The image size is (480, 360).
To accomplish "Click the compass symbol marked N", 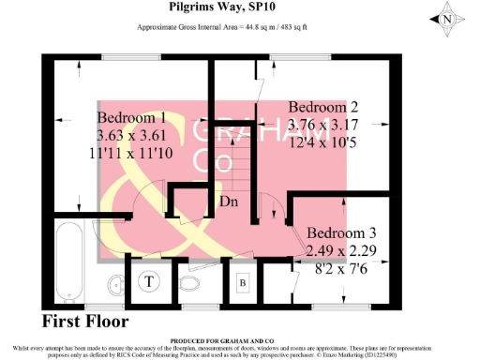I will click(448, 17).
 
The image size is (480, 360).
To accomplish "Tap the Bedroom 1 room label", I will click(132, 118).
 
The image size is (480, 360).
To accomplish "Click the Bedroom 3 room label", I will click(342, 232).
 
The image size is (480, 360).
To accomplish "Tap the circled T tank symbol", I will click(149, 278).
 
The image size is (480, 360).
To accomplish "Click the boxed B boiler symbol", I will click(242, 281).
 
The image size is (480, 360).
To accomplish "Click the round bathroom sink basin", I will click(113, 283).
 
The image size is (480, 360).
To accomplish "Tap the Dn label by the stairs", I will click(228, 202).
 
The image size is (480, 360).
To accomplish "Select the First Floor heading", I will click(85, 322).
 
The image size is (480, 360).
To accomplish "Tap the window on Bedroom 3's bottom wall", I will click(340, 306).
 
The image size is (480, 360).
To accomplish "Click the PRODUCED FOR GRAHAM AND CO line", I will click(221, 339).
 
